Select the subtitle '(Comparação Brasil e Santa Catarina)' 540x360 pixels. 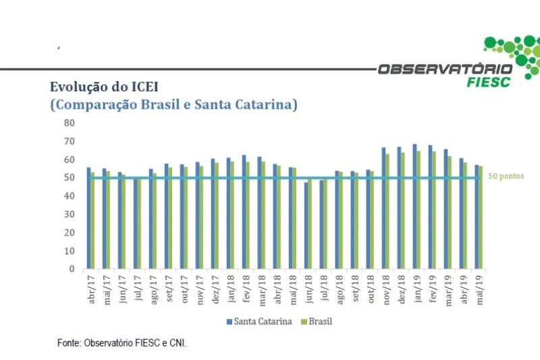coord(173,105)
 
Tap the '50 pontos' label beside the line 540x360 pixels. coord(505,176)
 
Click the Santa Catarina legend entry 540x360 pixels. coord(259,322)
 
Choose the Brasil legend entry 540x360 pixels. coord(317,322)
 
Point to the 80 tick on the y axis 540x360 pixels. coord(69,123)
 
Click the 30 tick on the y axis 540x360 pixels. coord(69,214)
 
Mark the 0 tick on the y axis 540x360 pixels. coord(72,269)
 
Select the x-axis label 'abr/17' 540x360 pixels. coord(92,290)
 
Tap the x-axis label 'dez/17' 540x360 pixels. coord(215,290)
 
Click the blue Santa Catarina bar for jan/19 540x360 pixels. coord(414,206)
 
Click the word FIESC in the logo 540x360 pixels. coord(489,82)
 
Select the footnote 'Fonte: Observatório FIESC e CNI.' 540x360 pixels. coord(122,343)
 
